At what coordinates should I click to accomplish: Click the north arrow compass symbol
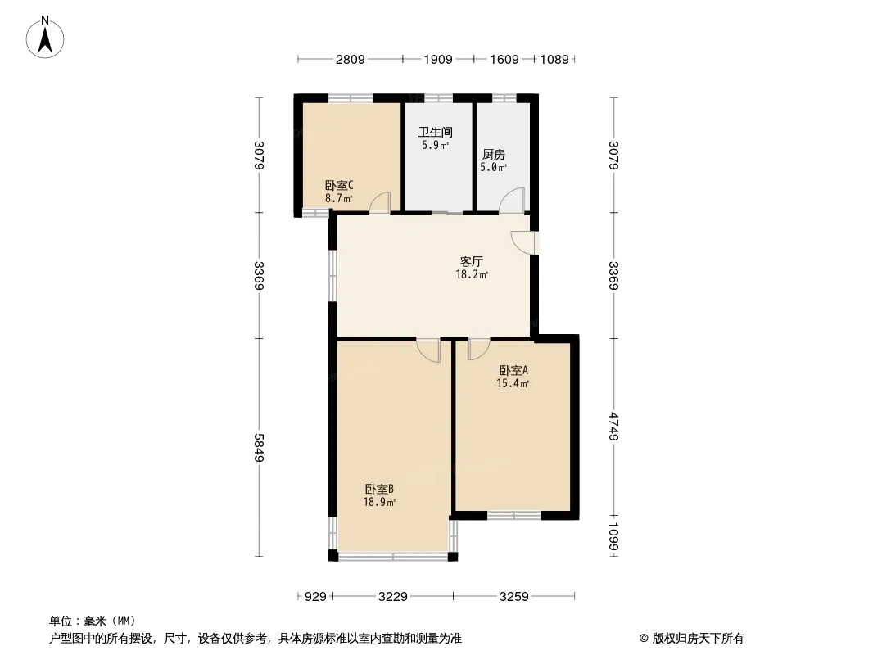pos(45,38)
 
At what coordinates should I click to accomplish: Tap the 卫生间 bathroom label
pos(436,133)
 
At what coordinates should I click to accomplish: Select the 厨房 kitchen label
pos(494,155)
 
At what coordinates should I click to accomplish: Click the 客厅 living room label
pos(472,261)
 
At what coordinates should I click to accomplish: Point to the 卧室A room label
pos(513,370)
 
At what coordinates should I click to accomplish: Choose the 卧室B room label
pos(380,489)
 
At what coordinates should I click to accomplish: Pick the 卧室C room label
pos(339,185)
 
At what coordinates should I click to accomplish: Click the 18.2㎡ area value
pos(473,274)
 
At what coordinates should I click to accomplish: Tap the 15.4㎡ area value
pos(513,383)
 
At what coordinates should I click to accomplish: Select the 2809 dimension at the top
pos(351,59)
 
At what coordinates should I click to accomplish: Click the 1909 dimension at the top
pos(438,59)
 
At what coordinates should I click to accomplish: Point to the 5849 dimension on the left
pos(258,447)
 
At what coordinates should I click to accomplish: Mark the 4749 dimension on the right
pos(613,427)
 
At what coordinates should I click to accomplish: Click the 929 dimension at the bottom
pos(315,597)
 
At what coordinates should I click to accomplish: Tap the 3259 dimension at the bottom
pos(513,597)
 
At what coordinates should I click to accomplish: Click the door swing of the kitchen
pos(512,201)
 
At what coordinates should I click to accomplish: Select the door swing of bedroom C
pos(380,202)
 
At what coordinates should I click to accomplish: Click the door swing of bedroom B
pos(428,350)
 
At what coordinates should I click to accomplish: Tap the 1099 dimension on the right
pos(613,536)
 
